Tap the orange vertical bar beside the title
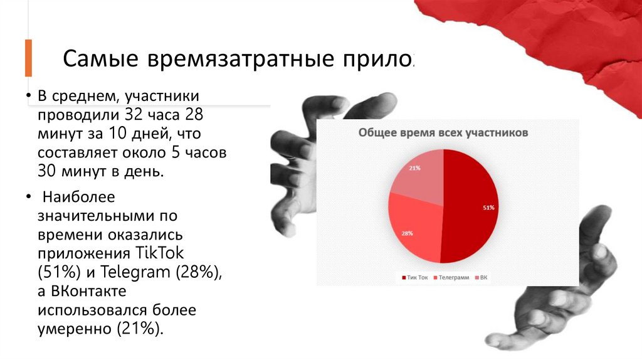pyautogui.click(x=28, y=58)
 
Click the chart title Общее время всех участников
pyautogui.click(x=443, y=133)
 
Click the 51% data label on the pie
pyautogui.click(x=488, y=208)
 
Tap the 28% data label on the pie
pyautogui.click(x=407, y=233)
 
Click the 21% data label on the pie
pyautogui.click(x=414, y=168)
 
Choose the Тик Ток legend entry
pyautogui.click(x=416, y=277)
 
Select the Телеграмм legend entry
pyautogui.click(x=453, y=277)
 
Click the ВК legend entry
pyautogui.click(x=483, y=277)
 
